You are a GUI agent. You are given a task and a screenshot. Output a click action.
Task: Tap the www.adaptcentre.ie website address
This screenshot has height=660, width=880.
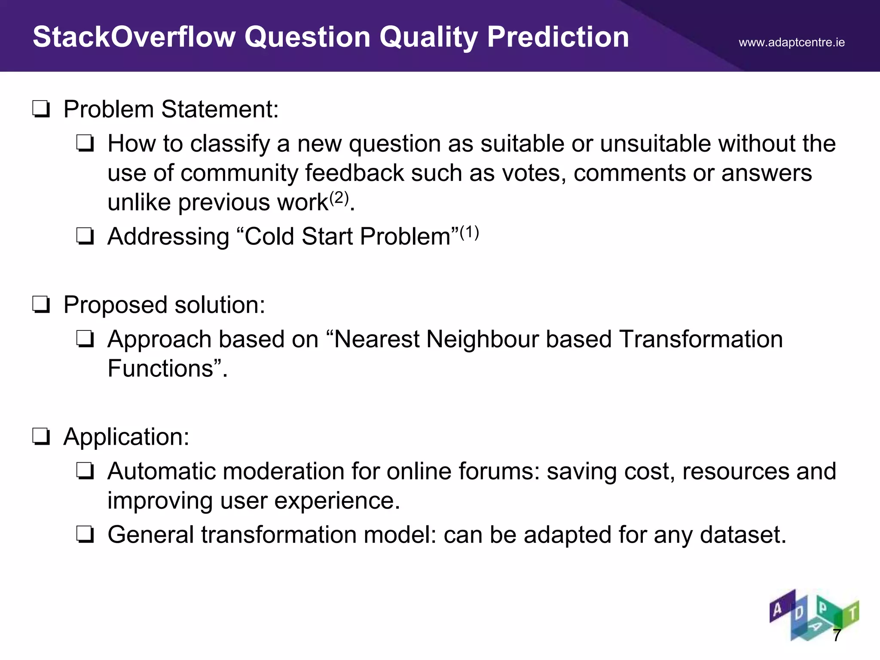(791, 43)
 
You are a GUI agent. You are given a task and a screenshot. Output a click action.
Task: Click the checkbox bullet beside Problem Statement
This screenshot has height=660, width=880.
(41, 110)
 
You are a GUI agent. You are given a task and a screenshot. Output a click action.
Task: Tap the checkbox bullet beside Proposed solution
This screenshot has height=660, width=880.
(41, 305)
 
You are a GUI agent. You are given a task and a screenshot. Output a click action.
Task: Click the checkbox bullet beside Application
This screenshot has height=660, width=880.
(41, 437)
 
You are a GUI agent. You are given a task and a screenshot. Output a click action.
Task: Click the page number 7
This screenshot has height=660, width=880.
(837, 635)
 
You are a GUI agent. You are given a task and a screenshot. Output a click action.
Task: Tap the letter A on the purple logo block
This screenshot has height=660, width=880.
(777, 609)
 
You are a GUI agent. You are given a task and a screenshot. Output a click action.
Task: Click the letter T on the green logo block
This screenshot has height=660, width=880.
(852, 612)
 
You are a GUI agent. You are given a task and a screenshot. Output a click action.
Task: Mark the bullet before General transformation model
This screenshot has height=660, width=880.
(85, 535)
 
